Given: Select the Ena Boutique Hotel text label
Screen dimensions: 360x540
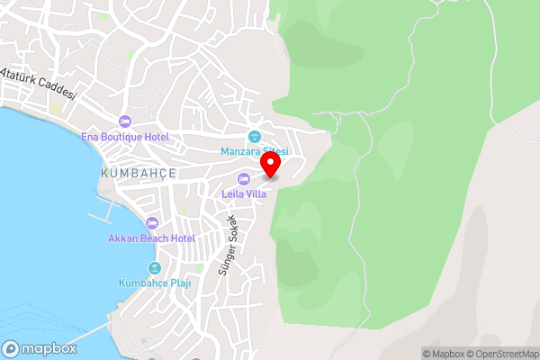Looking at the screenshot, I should tap(124, 137).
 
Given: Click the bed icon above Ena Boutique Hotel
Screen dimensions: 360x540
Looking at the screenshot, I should tap(124, 121).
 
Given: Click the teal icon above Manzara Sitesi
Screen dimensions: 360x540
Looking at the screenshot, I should tap(254, 136).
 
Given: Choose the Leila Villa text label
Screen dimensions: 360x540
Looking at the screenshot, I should tap(244, 193).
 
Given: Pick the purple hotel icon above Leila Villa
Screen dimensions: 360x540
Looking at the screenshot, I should tap(244, 177).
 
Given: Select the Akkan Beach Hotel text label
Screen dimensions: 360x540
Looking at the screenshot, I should tap(151, 238).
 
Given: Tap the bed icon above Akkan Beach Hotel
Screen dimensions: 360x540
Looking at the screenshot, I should tap(151, 222).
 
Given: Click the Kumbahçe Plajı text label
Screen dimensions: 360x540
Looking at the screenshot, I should tap(155, 283).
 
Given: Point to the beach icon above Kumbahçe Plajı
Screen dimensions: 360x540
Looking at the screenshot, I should tap(155, 268).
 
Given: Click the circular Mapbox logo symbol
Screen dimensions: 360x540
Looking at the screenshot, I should tap(12, 348).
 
